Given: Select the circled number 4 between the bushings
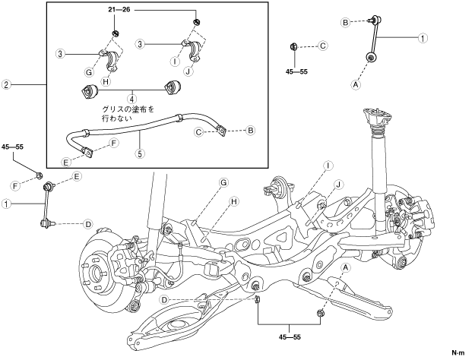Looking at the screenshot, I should pyautogui.click(x=131, y=98).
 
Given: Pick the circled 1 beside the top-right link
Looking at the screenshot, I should pyautogui.click(x=423, y=36).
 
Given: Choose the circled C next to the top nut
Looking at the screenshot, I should pyautogui.click(x=322, y=46).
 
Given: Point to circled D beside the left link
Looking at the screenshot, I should pyautogui.click(x=88, y=224).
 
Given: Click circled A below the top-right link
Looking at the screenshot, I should pyautogui.click(x=355, y=85).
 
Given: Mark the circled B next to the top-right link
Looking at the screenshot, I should pyautogui.click(x=345, y=23).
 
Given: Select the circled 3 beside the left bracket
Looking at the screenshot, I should pyautogui.click(x=60, y=53).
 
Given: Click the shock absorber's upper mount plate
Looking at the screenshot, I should pyautogui.click(x=375, y=117).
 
